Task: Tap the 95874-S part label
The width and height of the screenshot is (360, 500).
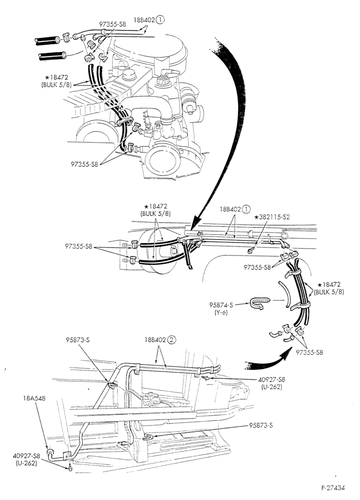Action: tap(221, 305)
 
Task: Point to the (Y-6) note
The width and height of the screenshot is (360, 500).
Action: tap(221, 312)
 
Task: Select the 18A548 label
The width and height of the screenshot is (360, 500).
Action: tap(34, 398)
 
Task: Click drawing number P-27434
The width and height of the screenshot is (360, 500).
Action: tap(333, 487)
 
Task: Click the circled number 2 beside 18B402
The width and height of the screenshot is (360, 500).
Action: tap(171, 339)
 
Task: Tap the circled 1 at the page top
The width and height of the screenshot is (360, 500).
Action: tap(160, 20)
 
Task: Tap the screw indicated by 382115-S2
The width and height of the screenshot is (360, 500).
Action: tap(251, 251)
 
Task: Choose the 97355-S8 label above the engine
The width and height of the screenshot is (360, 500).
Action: tap(112, 24)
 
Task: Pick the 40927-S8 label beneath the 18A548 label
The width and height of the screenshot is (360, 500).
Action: tap(27, 455)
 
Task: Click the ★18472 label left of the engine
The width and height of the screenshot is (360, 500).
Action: tap(57, 77)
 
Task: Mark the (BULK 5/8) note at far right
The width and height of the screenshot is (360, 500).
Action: tap(329, 292)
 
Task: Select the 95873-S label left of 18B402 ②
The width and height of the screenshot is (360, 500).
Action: tap(78, 340)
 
